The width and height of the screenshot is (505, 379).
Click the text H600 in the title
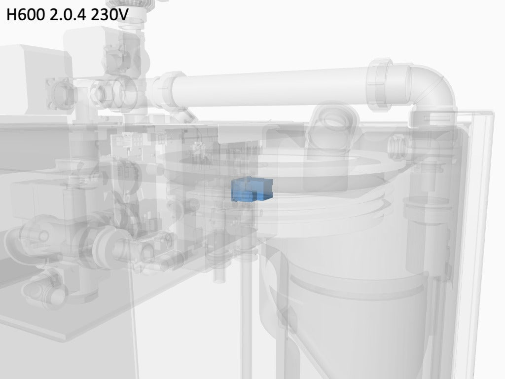[x=26, y=15]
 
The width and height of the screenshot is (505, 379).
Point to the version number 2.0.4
[x=68, y=15]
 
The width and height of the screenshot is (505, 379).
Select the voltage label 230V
[x=109, y=15]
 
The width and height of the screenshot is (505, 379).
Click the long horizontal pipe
[x=271, y=87]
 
